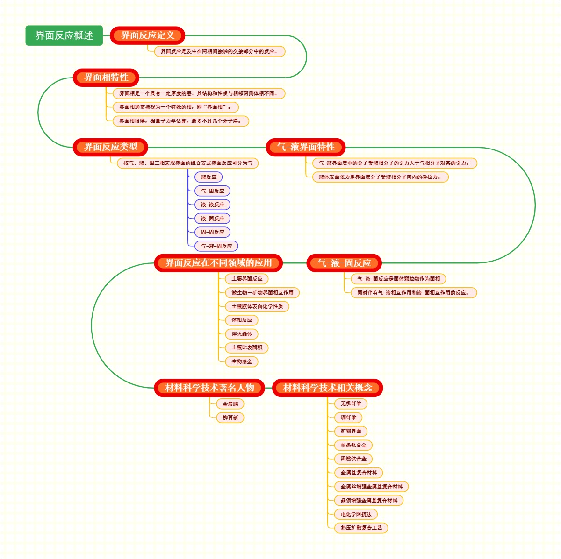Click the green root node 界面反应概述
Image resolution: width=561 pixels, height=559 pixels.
pos(64,35)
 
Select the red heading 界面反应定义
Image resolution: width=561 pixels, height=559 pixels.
pos(148,35)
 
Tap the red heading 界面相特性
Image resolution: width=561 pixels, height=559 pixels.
pos(106,78)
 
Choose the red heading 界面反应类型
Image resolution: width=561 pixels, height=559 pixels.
pos(111,147)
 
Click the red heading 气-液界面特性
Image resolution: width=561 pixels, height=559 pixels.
pos(306,147)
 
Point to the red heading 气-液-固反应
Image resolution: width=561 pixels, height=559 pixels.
pos(344,263)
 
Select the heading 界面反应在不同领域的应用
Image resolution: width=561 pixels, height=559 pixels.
pos(218,263)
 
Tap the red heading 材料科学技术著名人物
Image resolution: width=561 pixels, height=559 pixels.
pos(209,388)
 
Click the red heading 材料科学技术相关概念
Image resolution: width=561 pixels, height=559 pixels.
pos(328,388)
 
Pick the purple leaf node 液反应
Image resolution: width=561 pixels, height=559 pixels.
pos(209,177)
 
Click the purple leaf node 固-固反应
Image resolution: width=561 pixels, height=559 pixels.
pos(213,232)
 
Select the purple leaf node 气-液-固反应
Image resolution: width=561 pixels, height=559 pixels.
pos(216,246)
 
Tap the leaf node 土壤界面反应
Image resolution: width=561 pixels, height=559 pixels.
pos(247,279)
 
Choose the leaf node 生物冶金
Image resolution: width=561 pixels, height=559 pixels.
pos(242,361)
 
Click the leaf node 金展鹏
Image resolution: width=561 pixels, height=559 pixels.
pos(230,404)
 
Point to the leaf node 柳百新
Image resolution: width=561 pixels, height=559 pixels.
pos(230,417)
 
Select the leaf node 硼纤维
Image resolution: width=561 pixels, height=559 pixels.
pos(348,417)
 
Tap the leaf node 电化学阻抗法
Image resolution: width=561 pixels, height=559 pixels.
pos(356,514)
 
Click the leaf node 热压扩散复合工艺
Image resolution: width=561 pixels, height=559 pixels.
pos(361,528)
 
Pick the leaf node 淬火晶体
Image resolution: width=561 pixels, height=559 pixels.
pos(242,334)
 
